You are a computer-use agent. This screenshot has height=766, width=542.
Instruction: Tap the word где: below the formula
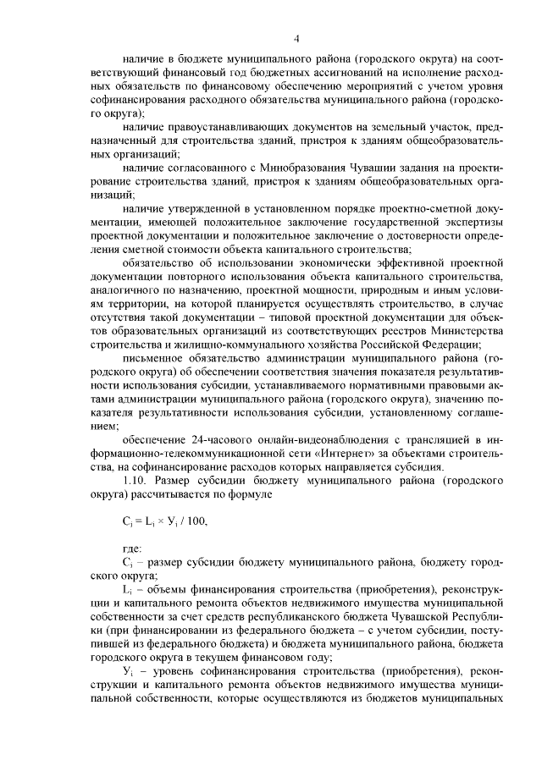click(132, 548)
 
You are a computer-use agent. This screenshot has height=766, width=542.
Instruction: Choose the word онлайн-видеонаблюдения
click(308, 439)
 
